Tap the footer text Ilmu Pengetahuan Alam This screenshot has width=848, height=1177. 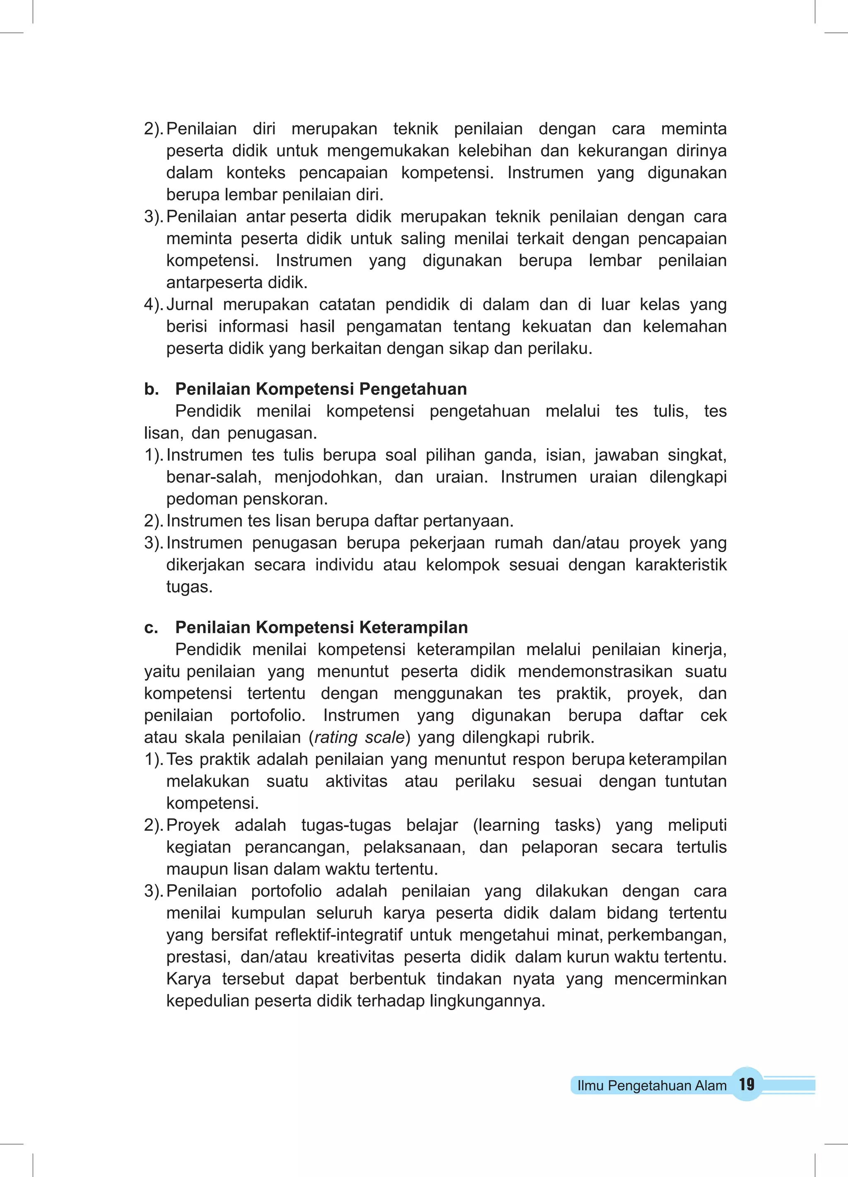click(x=651, y=1085)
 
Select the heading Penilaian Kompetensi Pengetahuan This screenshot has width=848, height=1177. click(x=321, y=389)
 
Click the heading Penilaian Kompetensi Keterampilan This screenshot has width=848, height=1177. click(x=321, y=627)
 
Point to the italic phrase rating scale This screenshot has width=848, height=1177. click(x=359, y=738)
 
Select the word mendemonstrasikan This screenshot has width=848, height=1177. click(x=595, y=671)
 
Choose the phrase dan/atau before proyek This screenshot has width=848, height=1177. click(x=585, y=543)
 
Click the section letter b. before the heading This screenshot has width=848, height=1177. click(x=151, y=389)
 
